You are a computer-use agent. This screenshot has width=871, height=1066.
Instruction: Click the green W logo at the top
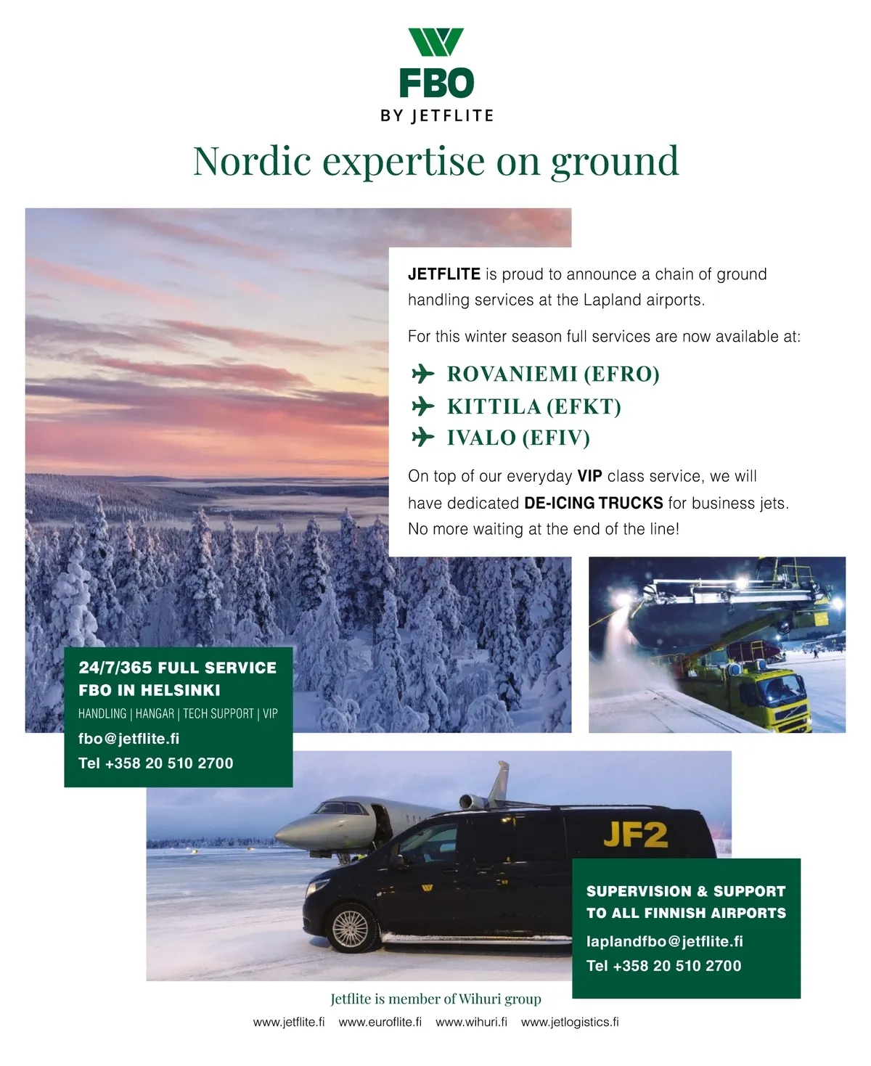pos(435,42)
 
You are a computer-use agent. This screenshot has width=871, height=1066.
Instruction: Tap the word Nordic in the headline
pos(252,161)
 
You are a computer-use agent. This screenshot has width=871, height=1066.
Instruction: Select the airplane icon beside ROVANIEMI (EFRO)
pos(422,374)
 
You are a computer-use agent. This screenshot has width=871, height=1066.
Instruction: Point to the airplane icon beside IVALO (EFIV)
pos(422,438)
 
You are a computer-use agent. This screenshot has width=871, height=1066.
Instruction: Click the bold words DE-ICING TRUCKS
pos(593,503)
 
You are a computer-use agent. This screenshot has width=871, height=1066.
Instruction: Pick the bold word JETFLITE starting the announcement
pos(443,274)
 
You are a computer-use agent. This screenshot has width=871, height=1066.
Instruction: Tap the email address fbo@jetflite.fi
pos(128,739)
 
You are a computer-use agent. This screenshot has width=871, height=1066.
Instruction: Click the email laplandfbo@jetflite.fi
pos(664,941)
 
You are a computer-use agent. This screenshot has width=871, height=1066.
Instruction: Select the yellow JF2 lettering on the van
pos(634,835)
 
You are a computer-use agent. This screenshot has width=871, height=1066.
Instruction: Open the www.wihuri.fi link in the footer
pos(471,1022)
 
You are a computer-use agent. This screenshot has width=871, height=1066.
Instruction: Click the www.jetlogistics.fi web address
pos(570,1022)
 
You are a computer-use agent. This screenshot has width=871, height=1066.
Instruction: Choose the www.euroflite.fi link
pos(380,1022)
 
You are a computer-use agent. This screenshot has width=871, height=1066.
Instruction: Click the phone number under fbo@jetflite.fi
pos(155,763)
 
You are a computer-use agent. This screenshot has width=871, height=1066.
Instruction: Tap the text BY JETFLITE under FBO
pos(436,116)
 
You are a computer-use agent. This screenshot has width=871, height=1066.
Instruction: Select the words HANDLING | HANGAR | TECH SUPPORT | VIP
pos(178,714)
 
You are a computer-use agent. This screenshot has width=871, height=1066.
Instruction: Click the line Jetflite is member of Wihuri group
pos(435,999)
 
